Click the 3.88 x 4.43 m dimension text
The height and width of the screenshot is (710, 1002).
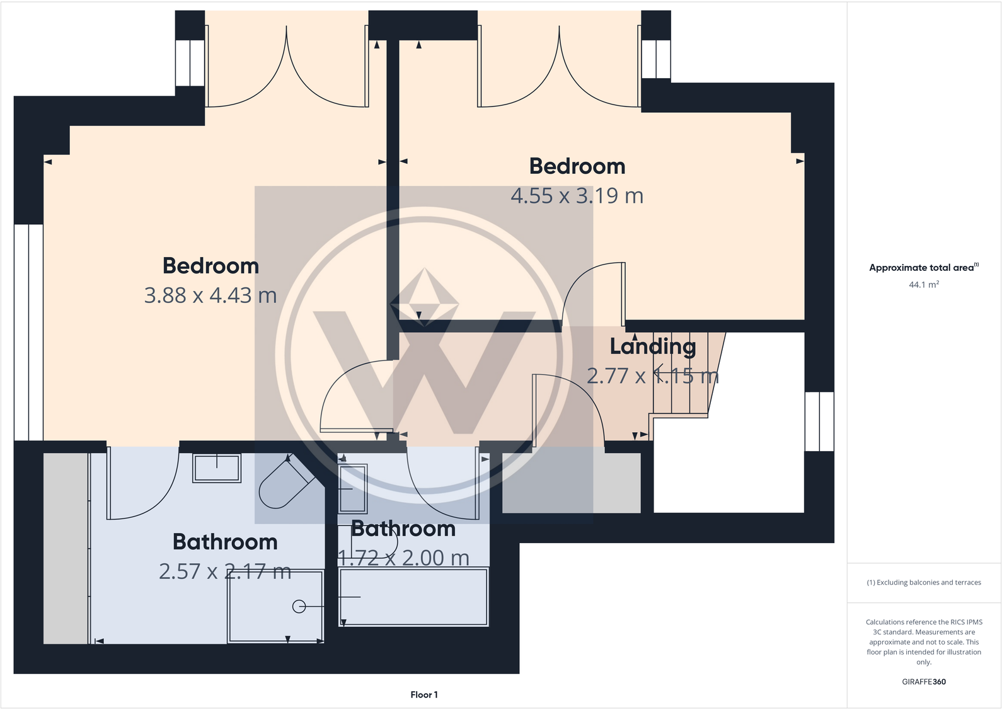tap(210, 295)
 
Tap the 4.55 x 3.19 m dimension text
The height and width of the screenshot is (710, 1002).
tap(577, 196)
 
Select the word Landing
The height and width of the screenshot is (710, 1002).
tap(653, 346)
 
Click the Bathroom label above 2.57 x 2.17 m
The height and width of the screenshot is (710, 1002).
tap(225, 542)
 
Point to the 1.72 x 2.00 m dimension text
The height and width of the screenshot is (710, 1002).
tap(404, 558)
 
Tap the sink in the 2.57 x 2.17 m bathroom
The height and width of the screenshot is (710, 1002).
tap(217, 468)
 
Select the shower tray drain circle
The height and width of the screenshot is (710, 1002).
tap(299, 606)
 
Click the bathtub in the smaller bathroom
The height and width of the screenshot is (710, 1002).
tap(413, 597)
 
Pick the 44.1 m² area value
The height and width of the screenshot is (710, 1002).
tap(923, 285)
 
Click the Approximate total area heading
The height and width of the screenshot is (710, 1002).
tap(923, 268)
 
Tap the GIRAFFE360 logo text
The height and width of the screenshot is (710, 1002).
tap(923, 682)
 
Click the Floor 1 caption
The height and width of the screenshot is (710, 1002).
tap(423, 695)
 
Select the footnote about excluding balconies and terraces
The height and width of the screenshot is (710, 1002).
tap(923, 583)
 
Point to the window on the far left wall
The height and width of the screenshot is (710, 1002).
tap(28, 332)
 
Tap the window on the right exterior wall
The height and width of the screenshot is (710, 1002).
tap(819, 421)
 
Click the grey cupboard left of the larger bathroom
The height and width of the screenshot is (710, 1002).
tap(66, 548)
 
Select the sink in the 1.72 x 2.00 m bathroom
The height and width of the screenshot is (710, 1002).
tap(353, 488)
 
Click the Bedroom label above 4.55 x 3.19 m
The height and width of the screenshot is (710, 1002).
tap(577, 166)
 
